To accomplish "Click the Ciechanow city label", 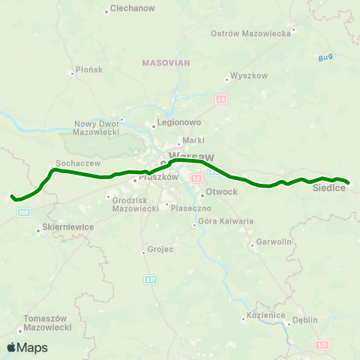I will coord(132,8).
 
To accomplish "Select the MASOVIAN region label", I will coord(166,63).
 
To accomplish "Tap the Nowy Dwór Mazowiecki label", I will coord(97,127).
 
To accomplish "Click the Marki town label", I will coord(195,139).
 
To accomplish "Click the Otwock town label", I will coord(220,192).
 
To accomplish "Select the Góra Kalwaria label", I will coord(226,221).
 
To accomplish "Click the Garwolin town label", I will coord(274,242).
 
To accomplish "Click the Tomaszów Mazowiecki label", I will coord(48,323).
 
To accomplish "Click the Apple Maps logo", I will coord(27,347).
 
